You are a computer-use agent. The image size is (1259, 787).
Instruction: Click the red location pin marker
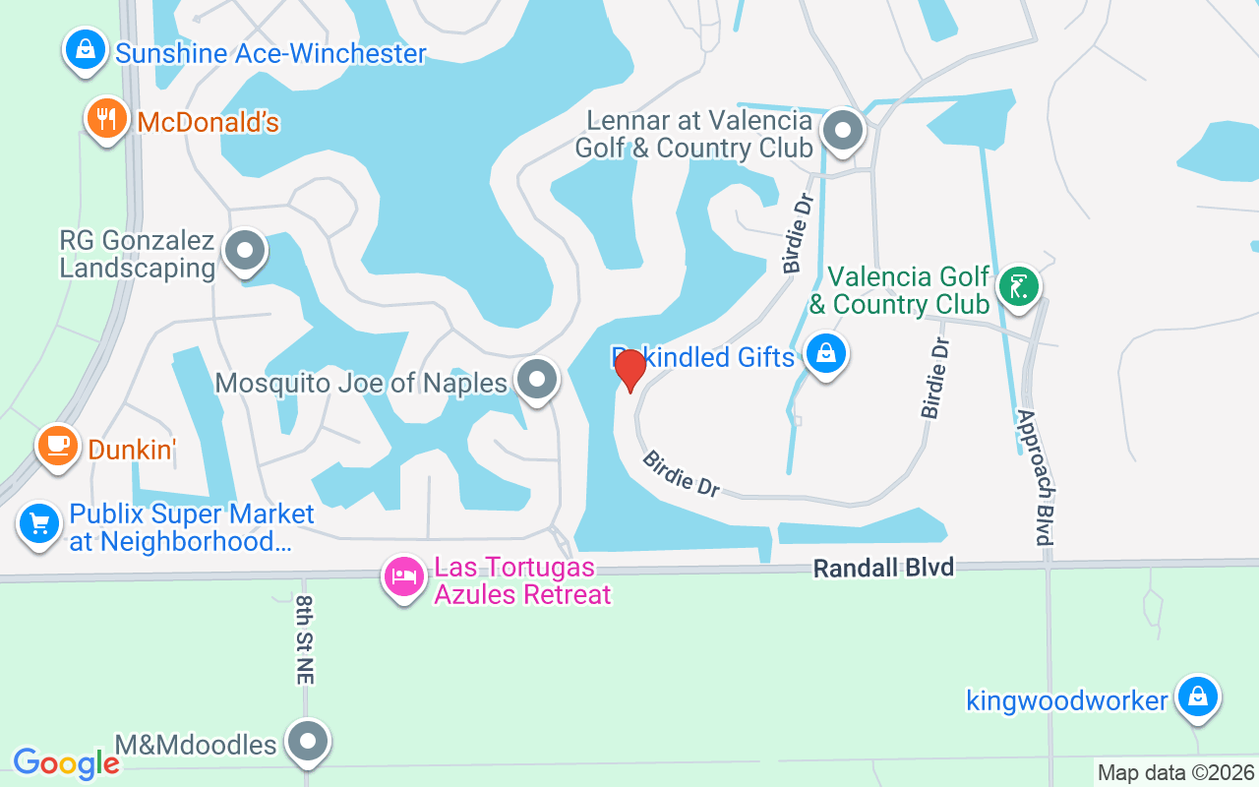pyautogui.click(x=629, y=370)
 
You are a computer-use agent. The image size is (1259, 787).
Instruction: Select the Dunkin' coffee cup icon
pyautogui.click(x=58, y=447)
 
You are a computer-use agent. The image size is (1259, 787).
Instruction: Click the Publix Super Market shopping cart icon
pyautogui.click(x=39, y=522)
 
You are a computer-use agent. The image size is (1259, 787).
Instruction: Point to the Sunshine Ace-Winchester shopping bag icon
pyautogui.click(x=86, y=49)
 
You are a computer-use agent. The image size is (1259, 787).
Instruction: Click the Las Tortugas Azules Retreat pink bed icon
pyautogui.click(x=403, y=577)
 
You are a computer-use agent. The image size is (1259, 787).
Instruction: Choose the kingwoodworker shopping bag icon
pyautogui.click(x=1197, y=697)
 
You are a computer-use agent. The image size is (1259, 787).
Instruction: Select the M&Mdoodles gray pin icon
pyautogui.click(x=308, y=742)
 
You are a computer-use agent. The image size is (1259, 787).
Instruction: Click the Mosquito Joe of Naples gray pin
pyautogui.click(x=537, y=379)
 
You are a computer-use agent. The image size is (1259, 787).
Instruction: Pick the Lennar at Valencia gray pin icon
pyautogui.click(x=842, y=131)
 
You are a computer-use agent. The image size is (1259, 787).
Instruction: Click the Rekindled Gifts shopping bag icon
pyautogui.click(x=826, y=353)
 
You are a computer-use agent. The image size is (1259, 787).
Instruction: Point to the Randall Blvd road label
pyautogui.click(x=883, y=568)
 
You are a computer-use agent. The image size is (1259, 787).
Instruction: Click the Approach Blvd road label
pyautogui.click(x=1037, y=476)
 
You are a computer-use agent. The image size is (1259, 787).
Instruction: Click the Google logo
pyautogui.click(x=66, y=762)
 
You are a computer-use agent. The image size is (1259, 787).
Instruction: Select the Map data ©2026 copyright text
pyautogui.click(x=1176, y=772)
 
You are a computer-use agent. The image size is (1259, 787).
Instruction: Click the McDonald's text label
pyautogui.click(x=209, y=122)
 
